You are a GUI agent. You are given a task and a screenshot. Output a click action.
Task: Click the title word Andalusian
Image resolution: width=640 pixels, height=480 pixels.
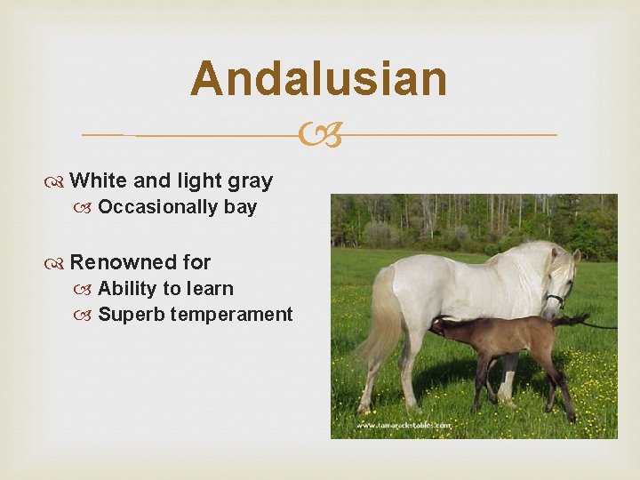click(318, 78)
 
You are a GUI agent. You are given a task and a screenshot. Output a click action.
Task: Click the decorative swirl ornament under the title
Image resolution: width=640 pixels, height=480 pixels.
click(319, 135)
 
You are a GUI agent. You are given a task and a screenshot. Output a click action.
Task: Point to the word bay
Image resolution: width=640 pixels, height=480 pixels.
click(240, 208)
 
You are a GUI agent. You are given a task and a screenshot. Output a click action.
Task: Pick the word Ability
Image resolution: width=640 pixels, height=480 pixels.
click(125, 289)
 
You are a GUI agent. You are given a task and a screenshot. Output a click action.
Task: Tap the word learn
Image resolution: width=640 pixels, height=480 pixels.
click(210, 289)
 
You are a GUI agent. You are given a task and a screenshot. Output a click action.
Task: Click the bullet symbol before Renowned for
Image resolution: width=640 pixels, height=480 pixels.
click(60, 263)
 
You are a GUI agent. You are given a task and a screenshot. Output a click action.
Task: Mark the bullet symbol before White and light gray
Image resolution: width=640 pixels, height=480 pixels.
click(60, 182)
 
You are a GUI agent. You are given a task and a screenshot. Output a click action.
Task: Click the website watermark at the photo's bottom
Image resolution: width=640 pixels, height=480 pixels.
click(404, 426)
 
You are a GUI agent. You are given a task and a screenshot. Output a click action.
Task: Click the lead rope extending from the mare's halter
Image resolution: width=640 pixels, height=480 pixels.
click(600, 325)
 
